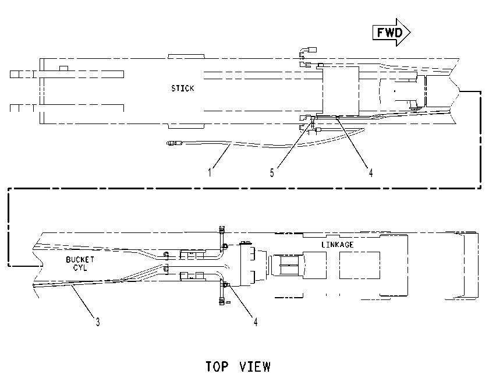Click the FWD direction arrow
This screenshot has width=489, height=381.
point(391,32)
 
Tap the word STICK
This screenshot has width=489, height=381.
point(182,89)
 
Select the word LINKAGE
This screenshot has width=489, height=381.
point(338,245)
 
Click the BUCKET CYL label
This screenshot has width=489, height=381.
point(80,264)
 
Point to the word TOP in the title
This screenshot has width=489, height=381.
point(217,366)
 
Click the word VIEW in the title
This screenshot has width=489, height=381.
point(255,366)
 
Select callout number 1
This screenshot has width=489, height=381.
point(210,172)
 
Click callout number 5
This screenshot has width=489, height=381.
point(272,173)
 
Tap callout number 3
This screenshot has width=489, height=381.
point(98,322)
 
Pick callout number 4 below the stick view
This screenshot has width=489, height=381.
point(371,172)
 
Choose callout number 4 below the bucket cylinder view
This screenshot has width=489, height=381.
point(256,322)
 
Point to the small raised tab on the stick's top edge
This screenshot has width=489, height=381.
point(186,56)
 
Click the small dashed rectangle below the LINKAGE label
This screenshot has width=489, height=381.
point(360,265)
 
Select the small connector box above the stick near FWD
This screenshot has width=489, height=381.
point(312,50)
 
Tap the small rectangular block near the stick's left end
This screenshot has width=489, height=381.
point(64,68)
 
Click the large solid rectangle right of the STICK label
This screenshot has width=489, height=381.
point(341,91)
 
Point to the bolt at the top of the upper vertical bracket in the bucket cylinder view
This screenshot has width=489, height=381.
point(222,230)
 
